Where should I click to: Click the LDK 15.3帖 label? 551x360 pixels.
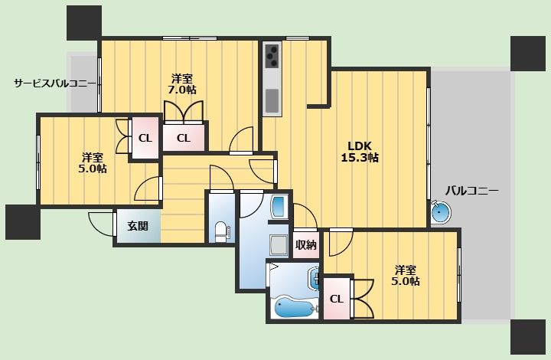(x=360, y=152)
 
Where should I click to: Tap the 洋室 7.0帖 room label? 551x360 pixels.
(x=181, y=83)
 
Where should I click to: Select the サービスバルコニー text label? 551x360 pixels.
(x=55, y=83)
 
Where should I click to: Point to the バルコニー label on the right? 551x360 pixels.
(x=472, y=191)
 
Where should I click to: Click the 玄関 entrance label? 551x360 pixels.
(x=138, y=226)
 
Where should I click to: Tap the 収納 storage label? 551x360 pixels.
(x=305, y=244)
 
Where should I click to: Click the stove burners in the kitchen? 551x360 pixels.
(x=272, y=55)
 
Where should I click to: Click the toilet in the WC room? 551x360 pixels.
(x=221, y=231)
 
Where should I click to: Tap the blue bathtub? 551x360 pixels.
(x=295, y=308)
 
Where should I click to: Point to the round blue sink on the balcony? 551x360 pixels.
(x=441, y=211)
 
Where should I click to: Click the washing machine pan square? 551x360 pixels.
(x=279, y=244)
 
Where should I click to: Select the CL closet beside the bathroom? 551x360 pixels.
(x=336, y=299)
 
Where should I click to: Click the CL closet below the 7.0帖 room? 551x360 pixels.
(x=183, y=137)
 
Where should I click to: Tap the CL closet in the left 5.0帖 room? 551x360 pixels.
(x=145, y=137)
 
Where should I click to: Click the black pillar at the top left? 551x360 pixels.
(x=84, y=22)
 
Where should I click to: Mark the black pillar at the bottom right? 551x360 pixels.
(x=528, y=337)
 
